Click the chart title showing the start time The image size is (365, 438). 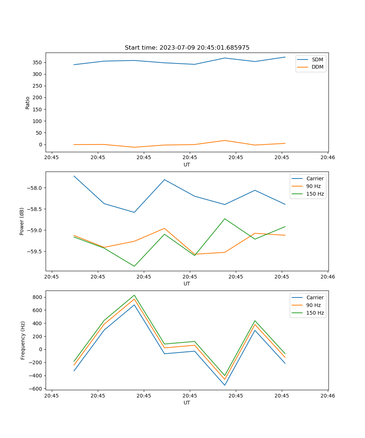[187, 48]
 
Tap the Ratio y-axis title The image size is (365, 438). [28, 103]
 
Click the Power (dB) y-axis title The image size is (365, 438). [22, 221]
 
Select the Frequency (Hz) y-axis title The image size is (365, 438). [23, 340]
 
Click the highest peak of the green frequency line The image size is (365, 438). [134, 295]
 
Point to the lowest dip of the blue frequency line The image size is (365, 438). [225, 385]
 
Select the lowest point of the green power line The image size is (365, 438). [134, 266]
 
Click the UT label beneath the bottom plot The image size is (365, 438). [187, 403]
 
